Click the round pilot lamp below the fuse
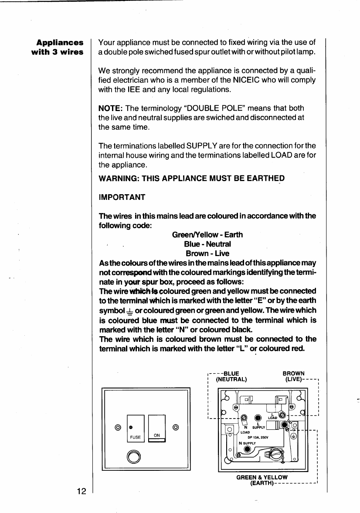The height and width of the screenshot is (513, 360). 133,456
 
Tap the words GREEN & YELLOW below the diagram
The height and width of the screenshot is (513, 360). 262,477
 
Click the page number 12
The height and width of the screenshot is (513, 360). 81,491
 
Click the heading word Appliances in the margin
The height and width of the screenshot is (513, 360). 60,43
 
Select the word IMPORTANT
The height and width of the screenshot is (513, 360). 122,197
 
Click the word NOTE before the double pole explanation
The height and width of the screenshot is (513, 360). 110,108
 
